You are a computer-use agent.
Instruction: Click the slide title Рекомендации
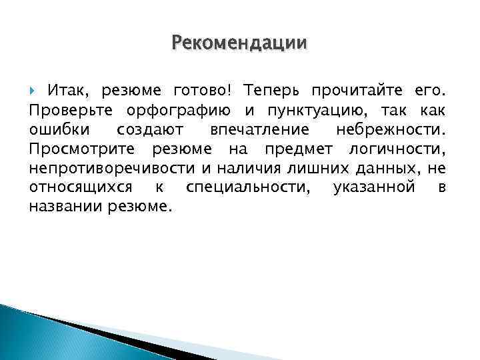pos(239,43)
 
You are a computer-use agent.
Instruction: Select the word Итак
pos(71,90)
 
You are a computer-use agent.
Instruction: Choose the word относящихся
pos(80,187)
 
